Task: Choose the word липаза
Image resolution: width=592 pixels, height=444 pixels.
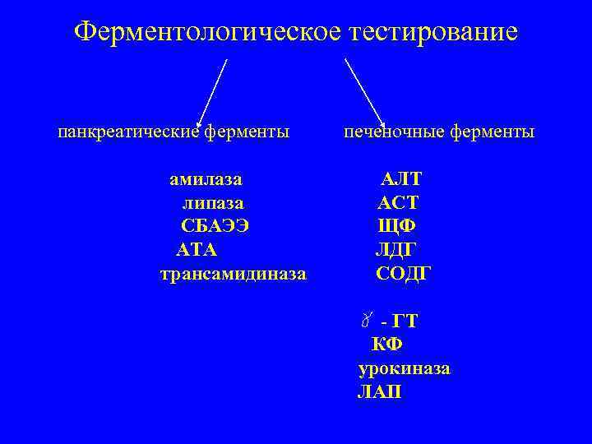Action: tap(212, 202)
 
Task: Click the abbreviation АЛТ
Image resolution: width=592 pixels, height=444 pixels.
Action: tap(401, 178)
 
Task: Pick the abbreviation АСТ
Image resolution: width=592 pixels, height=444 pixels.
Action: tap(399, 202)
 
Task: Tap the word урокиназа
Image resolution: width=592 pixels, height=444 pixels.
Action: tap(404, 368)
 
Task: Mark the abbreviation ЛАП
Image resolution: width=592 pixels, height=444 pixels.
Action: tap(380, 392)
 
